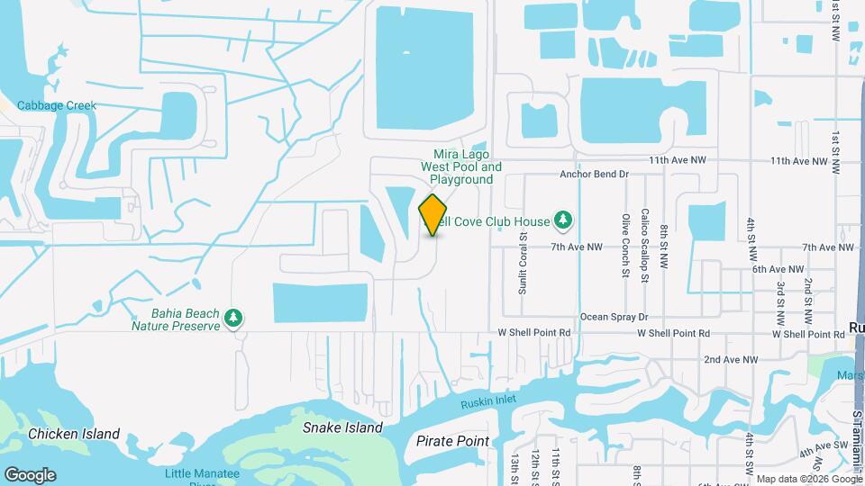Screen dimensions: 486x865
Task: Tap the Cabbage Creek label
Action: [x=56, y=105]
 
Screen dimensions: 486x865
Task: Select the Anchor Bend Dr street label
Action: [x=593, y=174]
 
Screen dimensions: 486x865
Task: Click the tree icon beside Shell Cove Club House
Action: [x=563, y=220]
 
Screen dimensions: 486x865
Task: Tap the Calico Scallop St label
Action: [x=645, y=247]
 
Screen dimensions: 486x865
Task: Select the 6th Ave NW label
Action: [x=778, y=269]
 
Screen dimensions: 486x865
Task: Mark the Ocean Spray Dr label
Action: [x=614, y=317]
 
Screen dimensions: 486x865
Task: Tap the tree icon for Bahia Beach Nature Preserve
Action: [x=233, y=318]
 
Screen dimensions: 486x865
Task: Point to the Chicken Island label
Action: [x=74, y=434]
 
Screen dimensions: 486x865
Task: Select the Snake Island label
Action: [x=342, y=427]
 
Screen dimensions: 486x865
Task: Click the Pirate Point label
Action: [x=452, y=441]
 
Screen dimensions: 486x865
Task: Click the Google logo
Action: [x=30, y=474]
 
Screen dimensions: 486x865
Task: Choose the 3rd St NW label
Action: [x=780, y=303]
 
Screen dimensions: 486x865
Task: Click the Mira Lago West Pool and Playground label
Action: [x=460, y=166]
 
